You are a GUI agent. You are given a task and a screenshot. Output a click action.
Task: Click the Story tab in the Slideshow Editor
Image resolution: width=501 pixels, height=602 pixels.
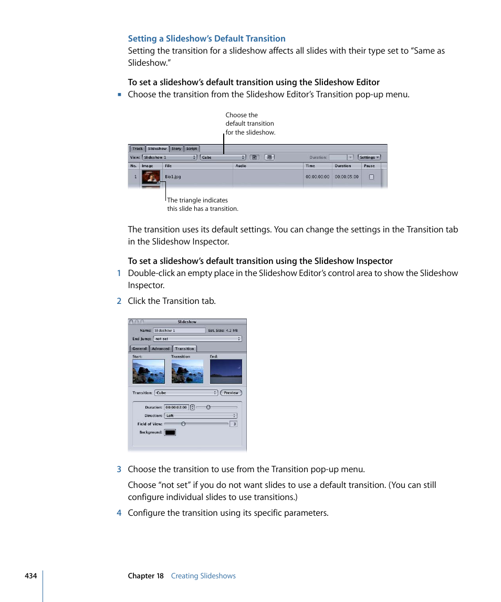(176, 149)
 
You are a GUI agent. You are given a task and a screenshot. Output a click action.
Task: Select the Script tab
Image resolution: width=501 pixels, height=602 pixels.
(192, 149)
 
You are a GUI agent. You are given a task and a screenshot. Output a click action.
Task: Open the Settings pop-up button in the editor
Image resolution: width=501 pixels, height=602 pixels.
(369, 157)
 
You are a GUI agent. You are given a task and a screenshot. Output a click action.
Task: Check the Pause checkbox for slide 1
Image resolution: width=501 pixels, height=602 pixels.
(371, 177)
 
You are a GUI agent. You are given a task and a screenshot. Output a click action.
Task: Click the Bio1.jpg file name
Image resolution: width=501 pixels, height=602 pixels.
(173, 177)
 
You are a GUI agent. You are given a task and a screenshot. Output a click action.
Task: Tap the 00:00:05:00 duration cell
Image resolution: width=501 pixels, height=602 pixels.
(347, 177)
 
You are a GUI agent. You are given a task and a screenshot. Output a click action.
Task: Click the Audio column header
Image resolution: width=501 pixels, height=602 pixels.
(241, 166)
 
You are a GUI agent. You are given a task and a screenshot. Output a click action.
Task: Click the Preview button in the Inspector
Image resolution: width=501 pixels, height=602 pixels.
(231, 393)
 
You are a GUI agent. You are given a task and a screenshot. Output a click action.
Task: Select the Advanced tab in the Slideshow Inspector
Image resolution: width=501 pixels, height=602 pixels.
(161, 349)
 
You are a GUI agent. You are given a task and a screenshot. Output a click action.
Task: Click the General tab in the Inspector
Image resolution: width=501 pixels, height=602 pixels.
(140, 349)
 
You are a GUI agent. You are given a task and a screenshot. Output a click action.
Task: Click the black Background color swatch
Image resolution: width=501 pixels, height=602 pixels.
(170, 433)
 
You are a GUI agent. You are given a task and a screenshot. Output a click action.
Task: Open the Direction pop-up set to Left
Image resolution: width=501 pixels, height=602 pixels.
(201, 416)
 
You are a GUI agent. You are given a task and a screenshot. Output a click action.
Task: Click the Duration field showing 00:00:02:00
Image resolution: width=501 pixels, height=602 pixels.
(176, 407)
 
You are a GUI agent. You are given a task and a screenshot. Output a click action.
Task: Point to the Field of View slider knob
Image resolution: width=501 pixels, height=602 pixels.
(183, 424)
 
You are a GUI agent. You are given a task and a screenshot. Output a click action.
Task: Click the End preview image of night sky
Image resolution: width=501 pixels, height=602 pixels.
(226, 372)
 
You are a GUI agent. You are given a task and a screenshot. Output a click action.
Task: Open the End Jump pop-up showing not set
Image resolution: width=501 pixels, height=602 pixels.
(197, 339)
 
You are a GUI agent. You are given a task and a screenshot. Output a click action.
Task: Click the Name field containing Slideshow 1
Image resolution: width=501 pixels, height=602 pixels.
(179, 331)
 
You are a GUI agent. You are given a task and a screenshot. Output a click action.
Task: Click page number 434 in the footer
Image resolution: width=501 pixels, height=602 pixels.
(30, 576)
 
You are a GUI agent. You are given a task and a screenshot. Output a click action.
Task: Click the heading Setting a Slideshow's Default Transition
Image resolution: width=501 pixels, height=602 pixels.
(207, 38)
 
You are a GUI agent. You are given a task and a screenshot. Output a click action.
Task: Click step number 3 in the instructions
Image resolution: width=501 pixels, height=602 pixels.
(119, 470)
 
